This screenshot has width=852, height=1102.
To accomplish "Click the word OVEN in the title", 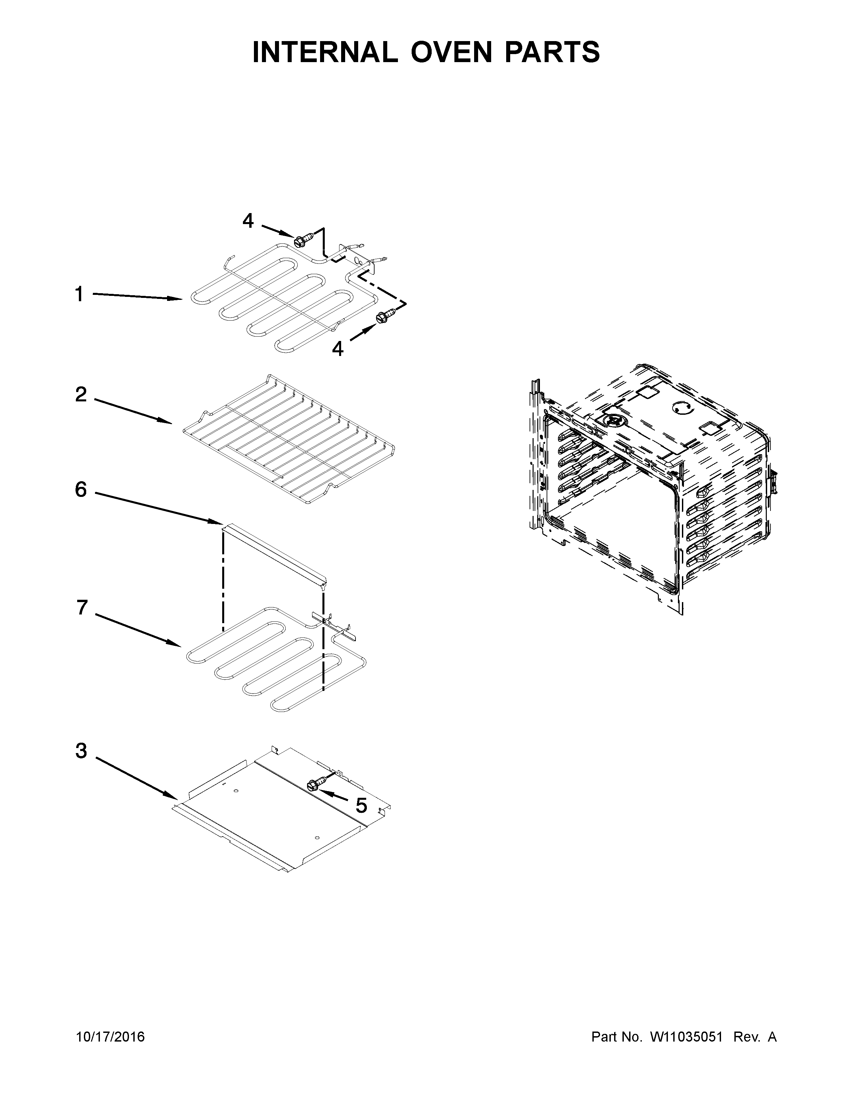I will [x=451, y=52].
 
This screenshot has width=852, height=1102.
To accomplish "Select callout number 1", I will [x=79, y=294].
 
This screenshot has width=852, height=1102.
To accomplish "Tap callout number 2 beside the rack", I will [x=81, y=395].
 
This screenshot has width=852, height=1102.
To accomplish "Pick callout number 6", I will [x=81, y=490].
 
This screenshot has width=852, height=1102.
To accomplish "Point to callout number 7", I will [x=82, y=608].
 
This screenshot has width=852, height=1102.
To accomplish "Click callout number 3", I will [x=81, y=751].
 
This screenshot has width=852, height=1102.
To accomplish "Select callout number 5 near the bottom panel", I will [x=361, y=806].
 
